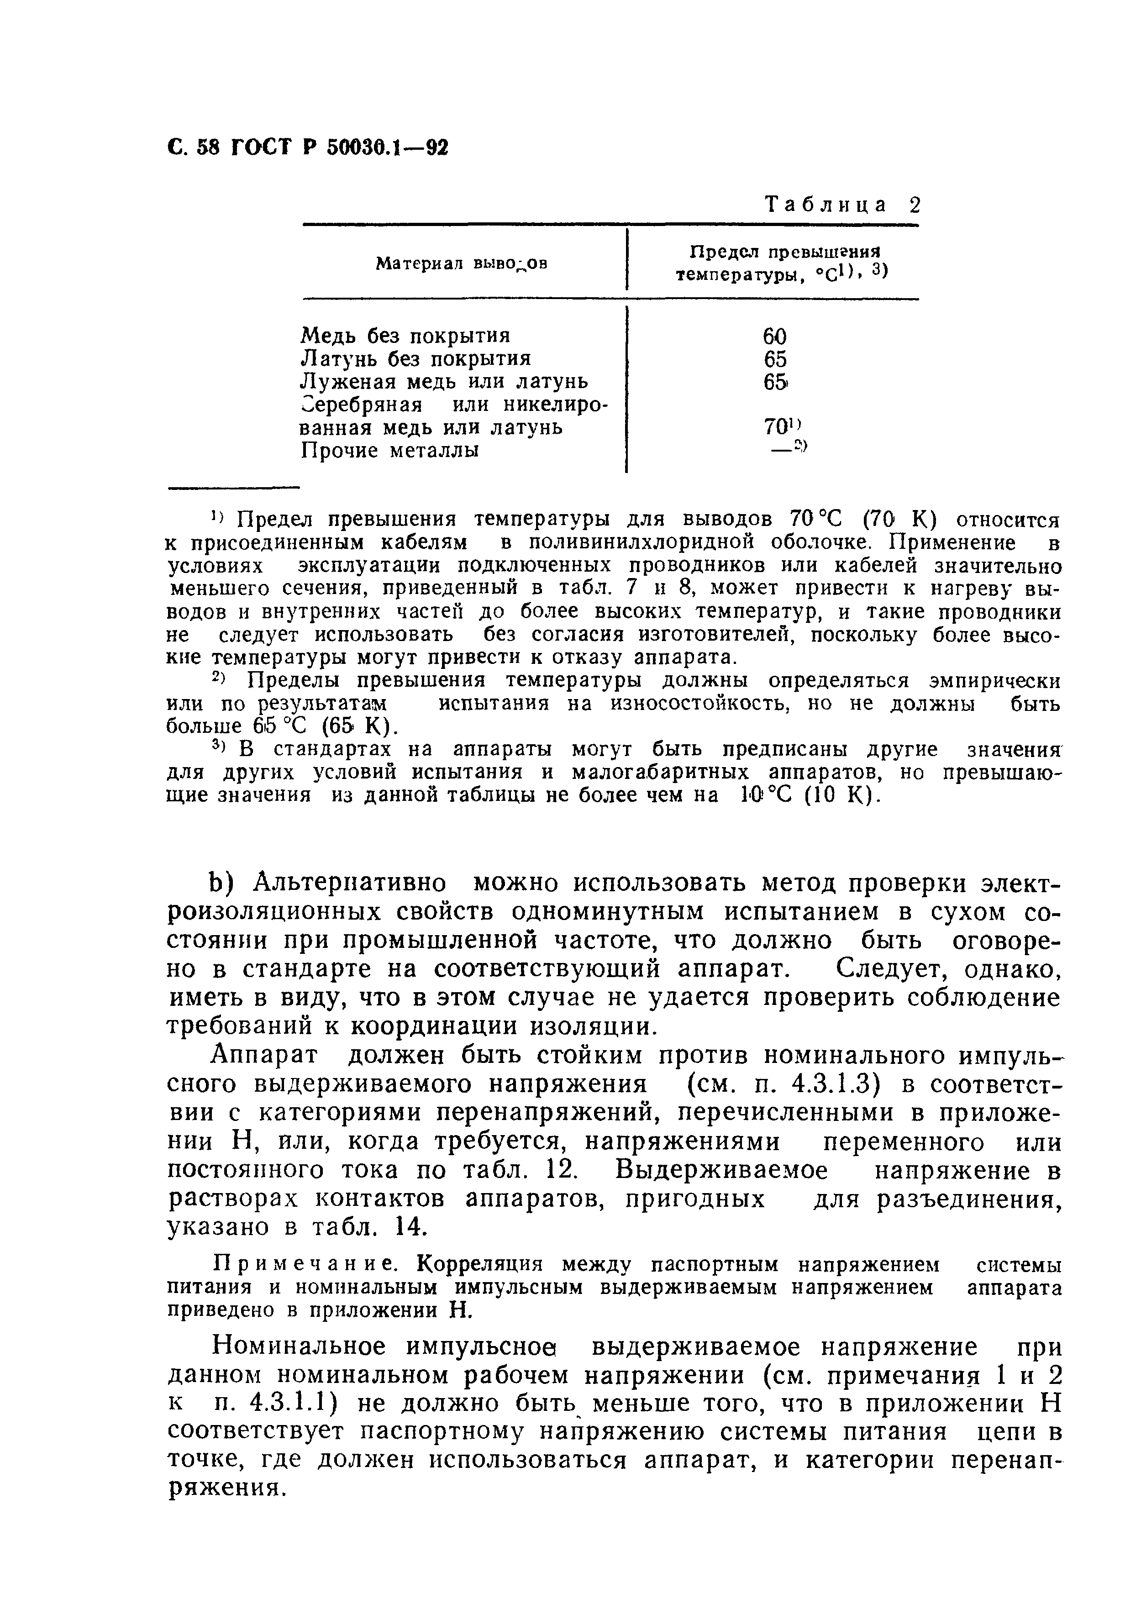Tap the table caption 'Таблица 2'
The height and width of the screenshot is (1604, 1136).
(843, 205)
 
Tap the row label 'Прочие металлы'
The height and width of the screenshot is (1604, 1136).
(389, 451)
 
